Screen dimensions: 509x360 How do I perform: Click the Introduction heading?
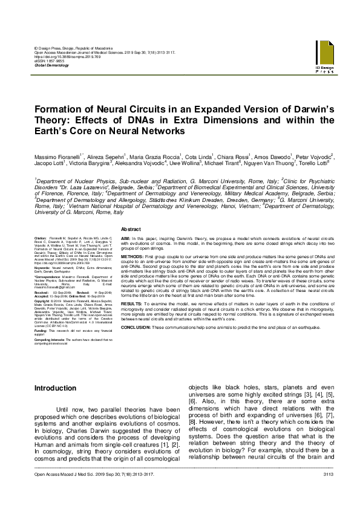[x=55, y=387]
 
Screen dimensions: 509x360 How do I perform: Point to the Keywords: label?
[x=42, y=267]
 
